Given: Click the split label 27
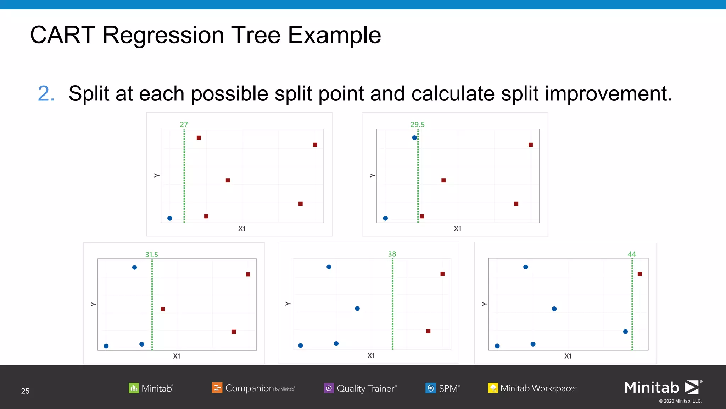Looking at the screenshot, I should [184, 125].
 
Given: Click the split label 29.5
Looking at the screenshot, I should [417, 125].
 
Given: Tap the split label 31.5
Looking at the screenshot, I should [151, 255].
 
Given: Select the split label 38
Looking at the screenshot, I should [392, 254].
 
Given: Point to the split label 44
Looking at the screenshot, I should [632, 254].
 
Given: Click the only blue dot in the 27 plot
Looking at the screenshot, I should [170, 218].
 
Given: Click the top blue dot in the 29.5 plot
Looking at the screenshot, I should [414, 137].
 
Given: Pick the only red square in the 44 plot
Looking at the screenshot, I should [640, 274].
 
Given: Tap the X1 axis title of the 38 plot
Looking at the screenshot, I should [371, 355].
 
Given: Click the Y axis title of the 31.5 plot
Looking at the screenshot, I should [94, 304].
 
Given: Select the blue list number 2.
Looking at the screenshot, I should [46, 94].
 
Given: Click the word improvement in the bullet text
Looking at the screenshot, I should [608, 94].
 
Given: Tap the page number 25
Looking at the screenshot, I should [25, 391].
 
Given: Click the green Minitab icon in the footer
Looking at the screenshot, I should [134, 388].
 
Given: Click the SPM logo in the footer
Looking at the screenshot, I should [442, 388].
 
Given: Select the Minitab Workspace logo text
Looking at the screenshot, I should [537, 388].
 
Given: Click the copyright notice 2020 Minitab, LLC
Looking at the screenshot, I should [680, 401].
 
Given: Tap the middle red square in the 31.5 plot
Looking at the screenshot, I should [163, 309].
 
